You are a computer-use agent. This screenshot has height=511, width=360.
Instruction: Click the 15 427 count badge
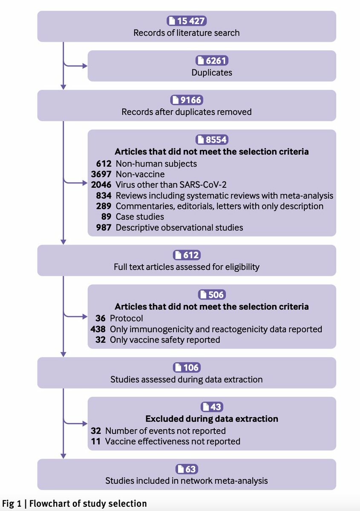coord(187,21)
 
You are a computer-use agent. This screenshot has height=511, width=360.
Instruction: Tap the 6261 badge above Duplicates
coord(212,60)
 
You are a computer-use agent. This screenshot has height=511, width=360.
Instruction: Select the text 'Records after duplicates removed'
coord(187,112)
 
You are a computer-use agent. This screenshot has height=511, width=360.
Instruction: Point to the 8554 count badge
coord(212,140)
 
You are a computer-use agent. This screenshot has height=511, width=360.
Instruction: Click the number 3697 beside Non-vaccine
coord(101,174)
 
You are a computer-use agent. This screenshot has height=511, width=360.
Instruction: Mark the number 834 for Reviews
coord(104,195)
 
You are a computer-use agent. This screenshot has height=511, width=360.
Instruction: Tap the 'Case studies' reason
coord(134,217)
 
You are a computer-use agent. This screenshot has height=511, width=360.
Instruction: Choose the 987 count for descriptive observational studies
coord(104,227)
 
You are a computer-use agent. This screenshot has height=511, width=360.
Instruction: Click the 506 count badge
coord(212,295)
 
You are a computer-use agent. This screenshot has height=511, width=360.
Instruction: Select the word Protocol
coord(126,318)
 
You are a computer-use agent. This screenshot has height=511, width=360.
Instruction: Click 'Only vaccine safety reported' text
coord(165,340)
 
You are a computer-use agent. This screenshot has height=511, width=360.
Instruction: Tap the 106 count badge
coord(187,367)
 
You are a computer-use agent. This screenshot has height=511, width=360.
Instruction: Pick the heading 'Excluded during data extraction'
coord(212,419)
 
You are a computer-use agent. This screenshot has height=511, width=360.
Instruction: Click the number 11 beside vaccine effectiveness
coord(95,441)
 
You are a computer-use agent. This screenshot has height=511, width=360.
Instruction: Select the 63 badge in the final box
coord(187,469)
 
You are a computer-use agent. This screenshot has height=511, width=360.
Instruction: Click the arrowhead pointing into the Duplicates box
coord(84,66)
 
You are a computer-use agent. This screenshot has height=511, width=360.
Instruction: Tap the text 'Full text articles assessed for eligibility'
coord(187,267)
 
